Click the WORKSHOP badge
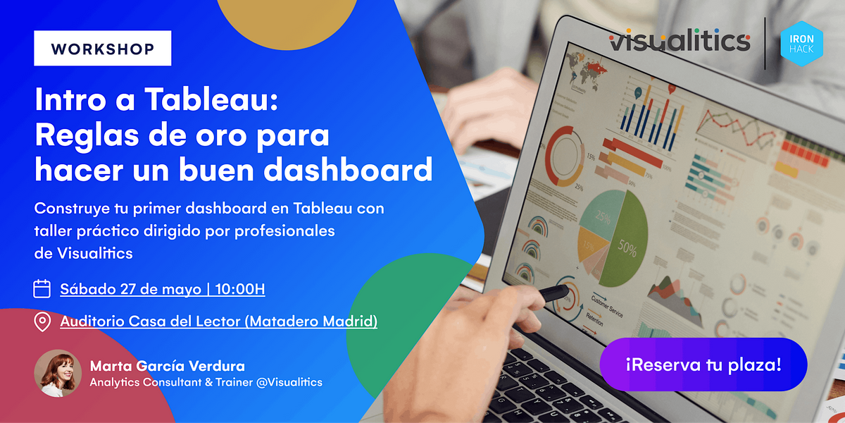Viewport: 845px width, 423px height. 103,49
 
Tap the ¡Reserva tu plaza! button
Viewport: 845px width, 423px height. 703,364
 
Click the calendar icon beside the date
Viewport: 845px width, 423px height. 42,288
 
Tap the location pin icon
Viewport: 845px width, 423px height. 42,322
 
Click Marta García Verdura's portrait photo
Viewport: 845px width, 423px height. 58,373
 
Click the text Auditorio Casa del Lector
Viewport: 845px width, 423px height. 150,321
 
